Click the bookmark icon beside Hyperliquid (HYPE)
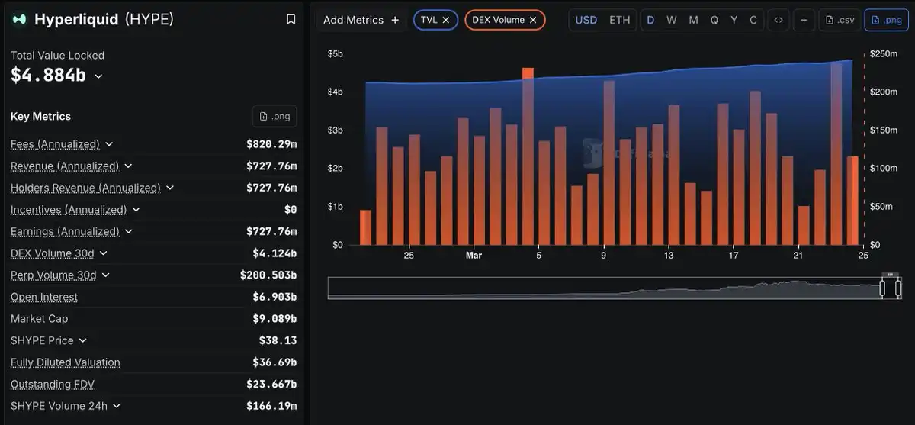point(291,20)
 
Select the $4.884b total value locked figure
point(48,75)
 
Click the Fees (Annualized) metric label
point(55,144)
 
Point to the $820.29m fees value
point(271,144)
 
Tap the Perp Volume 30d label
point(53,275)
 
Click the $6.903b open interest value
point(274,297)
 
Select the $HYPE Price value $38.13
point(278,340)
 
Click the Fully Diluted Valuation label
point(66,362)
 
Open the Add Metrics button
point(361,20)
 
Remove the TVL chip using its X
point(446,20)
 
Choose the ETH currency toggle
point(620,20)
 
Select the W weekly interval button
point(672,20)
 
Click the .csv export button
point(840,20)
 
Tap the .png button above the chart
point(886,20)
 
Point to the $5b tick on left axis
point(335,54)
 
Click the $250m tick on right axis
point(884,54)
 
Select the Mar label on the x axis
point(474,256)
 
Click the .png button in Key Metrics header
point(274,116)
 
